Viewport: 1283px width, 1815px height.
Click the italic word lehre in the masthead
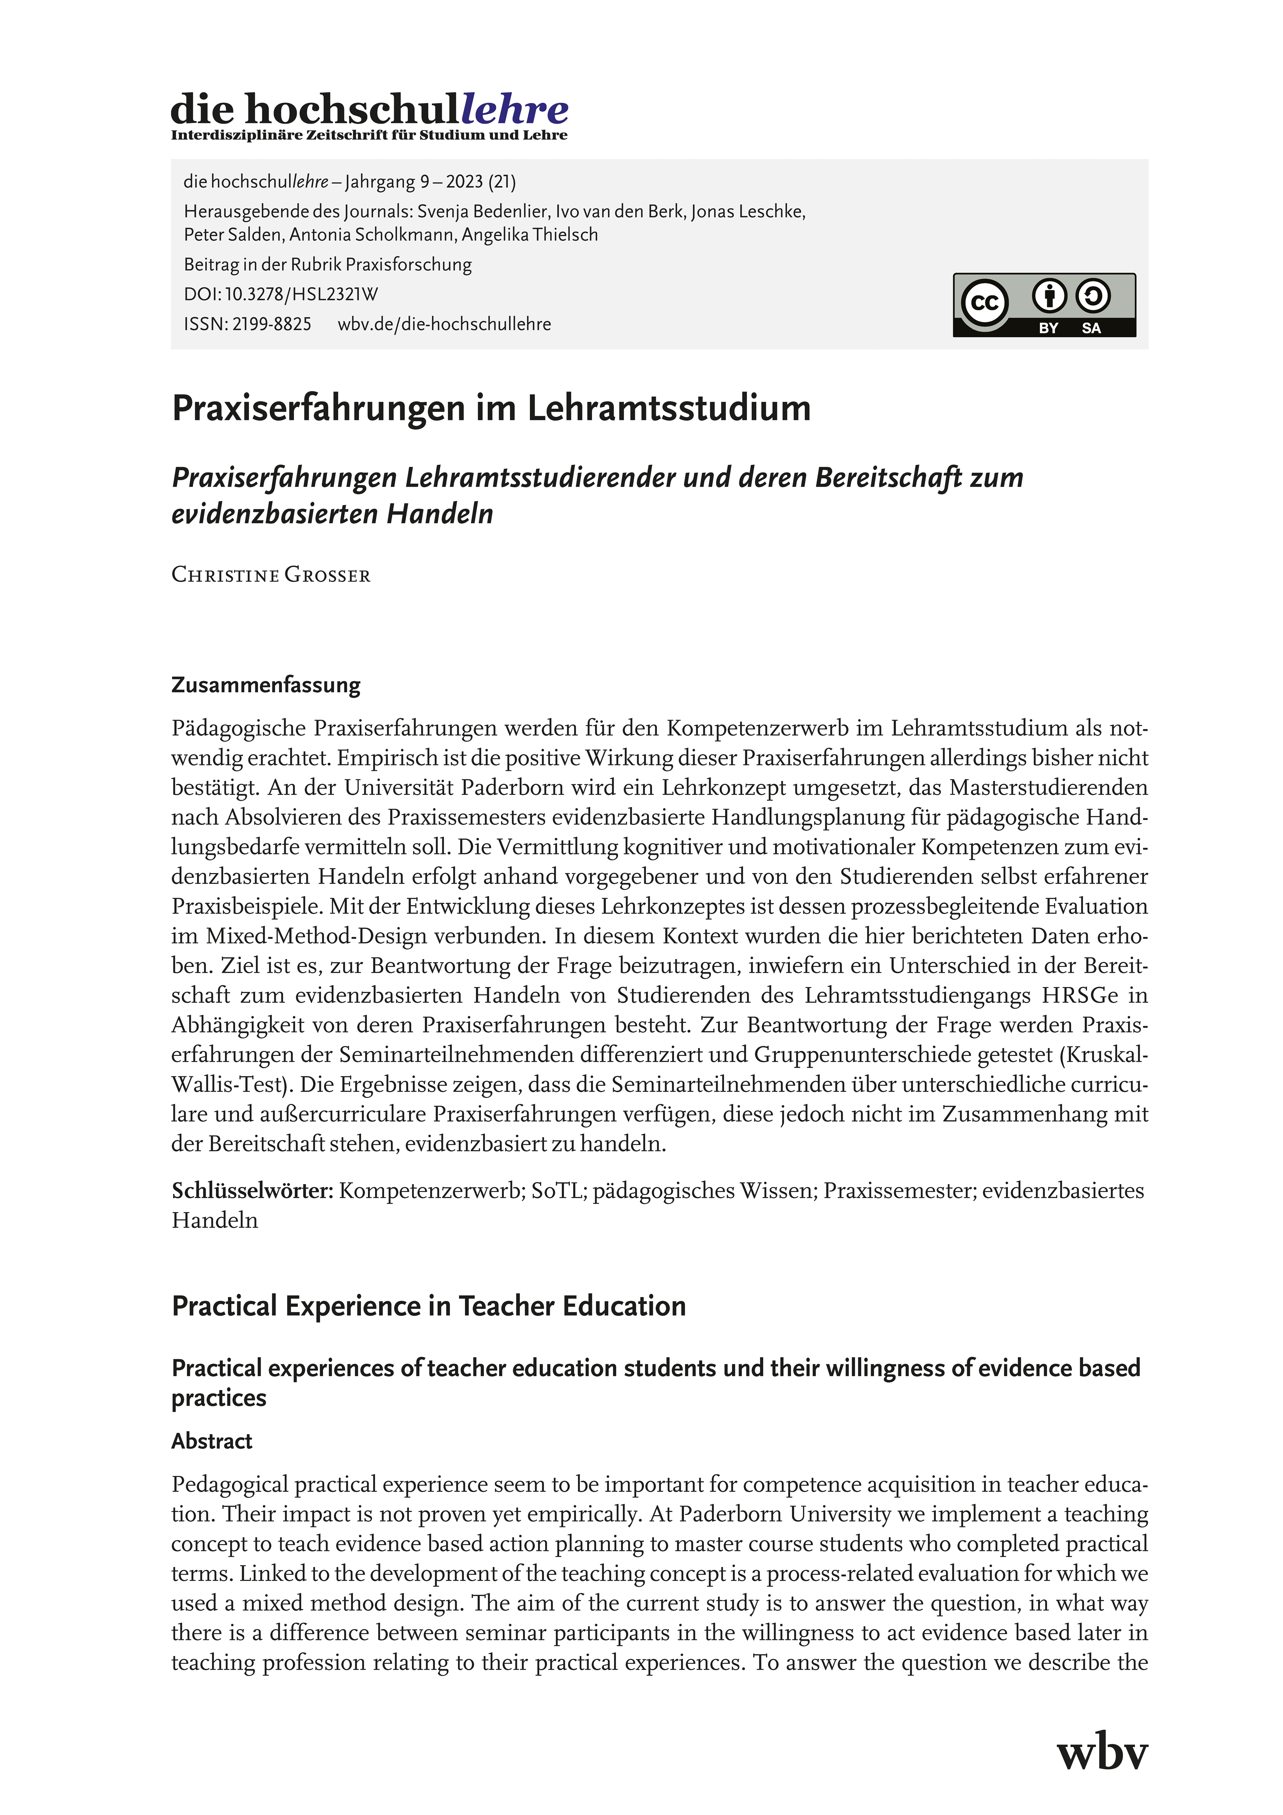click(514, 109)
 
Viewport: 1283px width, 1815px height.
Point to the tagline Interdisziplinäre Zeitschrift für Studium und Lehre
click(369, 135)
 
